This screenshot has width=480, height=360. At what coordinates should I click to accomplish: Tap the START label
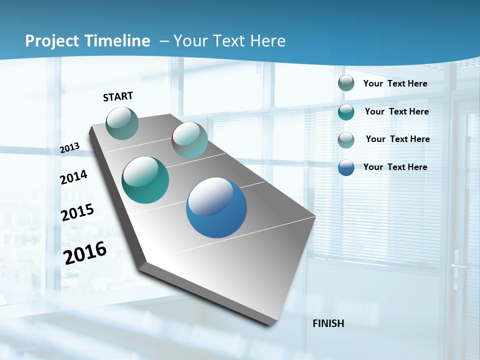[118, 96]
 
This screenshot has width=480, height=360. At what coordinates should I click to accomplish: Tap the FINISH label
[328, 323]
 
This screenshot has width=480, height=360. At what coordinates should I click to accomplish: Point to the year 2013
[69, 148]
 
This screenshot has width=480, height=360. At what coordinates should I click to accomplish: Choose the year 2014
[73, 177]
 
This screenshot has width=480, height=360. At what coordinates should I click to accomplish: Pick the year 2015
[77, 212]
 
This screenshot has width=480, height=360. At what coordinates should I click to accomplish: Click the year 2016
[85, 253]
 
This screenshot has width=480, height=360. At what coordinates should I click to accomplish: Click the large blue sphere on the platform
[216, 207]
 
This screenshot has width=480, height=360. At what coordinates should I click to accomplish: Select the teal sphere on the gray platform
[145, 180]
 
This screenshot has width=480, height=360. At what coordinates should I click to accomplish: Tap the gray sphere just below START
[122, 123]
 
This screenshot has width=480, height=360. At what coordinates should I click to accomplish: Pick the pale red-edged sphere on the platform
[189, 140]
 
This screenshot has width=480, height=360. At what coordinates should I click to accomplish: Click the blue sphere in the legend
[346, 167]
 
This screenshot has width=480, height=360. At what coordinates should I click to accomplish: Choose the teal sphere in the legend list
[346, 112]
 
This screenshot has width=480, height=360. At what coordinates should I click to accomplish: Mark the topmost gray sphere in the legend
[346, 83]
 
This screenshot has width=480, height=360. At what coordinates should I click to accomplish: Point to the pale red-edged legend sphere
[346, 140]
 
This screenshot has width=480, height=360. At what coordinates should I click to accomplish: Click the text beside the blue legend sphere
[395, 167]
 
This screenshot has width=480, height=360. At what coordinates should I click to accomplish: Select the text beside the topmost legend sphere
[395, 83]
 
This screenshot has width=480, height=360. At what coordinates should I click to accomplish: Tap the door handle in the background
[455, 265]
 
